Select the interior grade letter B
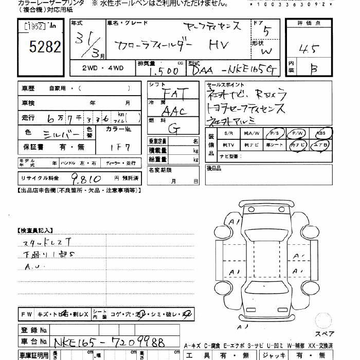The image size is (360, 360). pos(314,69)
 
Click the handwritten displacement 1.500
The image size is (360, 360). pos(166,70)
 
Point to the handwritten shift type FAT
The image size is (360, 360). pos(174,94)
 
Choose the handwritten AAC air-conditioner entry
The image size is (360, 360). pos(174,111)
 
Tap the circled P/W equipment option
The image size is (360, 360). pos(298,133)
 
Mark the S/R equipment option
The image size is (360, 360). pos(228,133)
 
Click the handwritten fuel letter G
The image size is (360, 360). pos(174,129)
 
